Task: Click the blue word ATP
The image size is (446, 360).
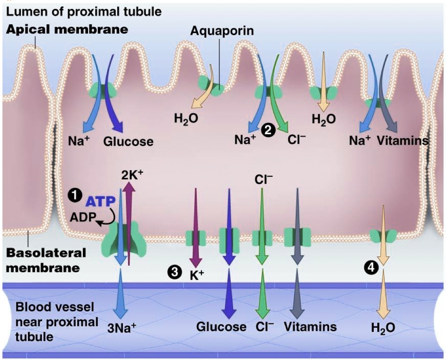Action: (x=101, y=201)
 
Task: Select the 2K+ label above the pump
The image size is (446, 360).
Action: (x=133, y=175)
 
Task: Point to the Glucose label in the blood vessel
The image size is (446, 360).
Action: (x=221, y=326)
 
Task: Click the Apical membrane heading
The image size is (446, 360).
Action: (x=67, y=30)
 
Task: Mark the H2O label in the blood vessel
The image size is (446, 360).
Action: (x=383, y=327)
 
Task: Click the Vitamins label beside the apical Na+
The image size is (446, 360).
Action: (x=403, y=140)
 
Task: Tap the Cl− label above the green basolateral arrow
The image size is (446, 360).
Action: (x=263, y=180)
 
